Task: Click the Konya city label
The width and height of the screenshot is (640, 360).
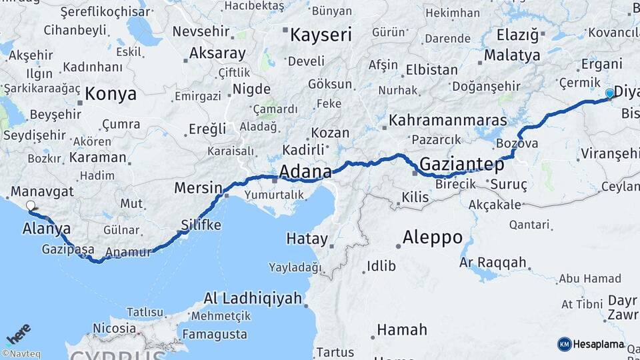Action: (x=111, y=93)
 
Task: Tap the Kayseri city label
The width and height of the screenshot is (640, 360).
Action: (x=320, y=35)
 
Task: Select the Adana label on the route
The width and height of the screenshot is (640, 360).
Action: (x=305, y=173)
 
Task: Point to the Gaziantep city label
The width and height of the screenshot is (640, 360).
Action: (x=461, y=163)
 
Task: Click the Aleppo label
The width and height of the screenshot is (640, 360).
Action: (x=433, y=237)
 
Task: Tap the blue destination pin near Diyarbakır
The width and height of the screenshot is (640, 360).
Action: (x=609, y=94)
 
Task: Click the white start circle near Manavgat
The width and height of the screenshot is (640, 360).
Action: (x=31, y=206)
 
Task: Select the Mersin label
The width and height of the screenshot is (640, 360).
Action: (x=198, y=188)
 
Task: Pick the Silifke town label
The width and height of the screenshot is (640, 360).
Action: (x=201, y=225)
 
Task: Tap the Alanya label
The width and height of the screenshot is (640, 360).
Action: (x=47, y=228)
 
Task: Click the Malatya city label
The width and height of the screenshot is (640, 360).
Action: (x=512, y=55)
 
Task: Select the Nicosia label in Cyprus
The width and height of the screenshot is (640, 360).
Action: (x=114, y=328)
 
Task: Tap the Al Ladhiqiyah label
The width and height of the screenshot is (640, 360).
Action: (x=253, y=298)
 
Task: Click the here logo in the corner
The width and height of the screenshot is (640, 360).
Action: (x=18, y=333)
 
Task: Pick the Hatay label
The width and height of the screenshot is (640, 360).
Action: (x=307, y=239)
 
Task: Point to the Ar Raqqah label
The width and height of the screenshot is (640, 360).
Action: (x=493, y=263)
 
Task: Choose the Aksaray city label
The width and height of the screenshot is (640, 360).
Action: (x=217, y=53)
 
